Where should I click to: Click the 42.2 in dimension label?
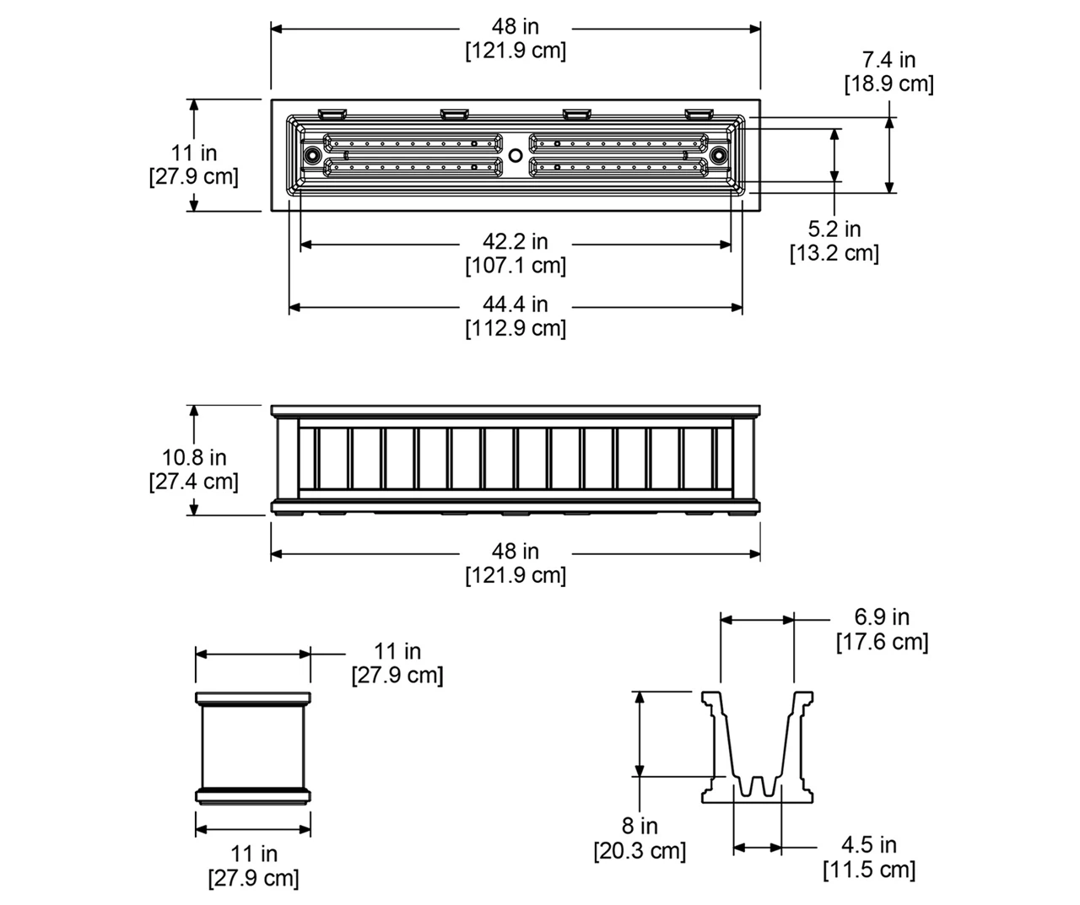click(516, 242)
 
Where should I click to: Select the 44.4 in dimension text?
click(516, 304)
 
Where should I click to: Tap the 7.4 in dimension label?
click(888, 60)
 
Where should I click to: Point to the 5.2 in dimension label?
click(834, 229)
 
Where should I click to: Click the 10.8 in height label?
click(194, 458)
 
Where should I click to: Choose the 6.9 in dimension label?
click(882, 617)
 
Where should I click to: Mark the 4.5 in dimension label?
click(869, 845)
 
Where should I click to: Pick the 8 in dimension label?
click(640, 827)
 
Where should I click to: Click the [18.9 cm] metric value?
click(888, 84)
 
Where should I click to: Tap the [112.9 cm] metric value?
click(516, 328)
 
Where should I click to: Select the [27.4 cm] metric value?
click(194, 482)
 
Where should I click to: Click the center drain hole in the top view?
click(516, 155)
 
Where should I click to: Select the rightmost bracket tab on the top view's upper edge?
click(699, 112)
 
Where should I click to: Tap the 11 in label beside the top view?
click(194, 154)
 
